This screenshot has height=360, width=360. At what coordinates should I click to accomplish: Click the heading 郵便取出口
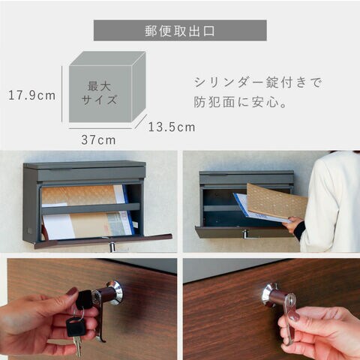coord(179,31)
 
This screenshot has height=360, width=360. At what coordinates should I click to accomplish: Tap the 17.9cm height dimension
coord(32,95)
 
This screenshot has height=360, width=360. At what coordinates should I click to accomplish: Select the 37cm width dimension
coord(98,140)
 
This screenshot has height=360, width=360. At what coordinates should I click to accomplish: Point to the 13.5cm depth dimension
coord(172,127)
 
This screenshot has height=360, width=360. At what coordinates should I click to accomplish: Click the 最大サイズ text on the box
coord(99,93)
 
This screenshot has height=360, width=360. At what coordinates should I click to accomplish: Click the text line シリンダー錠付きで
coord(258,82)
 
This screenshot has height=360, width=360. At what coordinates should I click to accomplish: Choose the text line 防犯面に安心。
coord(240,102)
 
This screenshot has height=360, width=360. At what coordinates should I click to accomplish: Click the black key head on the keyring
coord(74,326)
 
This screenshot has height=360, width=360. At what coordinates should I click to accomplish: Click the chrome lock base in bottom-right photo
coord(269,295)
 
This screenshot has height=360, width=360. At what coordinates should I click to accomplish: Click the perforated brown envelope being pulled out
coord(276,201)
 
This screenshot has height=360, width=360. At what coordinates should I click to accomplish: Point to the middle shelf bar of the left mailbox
coord(91,208)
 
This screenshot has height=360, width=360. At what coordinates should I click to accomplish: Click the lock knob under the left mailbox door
coord(112,247)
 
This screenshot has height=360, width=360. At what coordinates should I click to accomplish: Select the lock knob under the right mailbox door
coord(245,234)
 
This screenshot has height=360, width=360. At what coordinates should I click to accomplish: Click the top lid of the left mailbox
coord(85,165)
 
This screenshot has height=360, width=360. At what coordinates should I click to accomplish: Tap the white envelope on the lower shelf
coord(58,226)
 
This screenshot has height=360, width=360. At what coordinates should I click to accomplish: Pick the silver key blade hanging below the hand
coord(78,346)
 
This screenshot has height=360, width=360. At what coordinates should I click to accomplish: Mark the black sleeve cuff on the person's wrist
coord(300,231)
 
